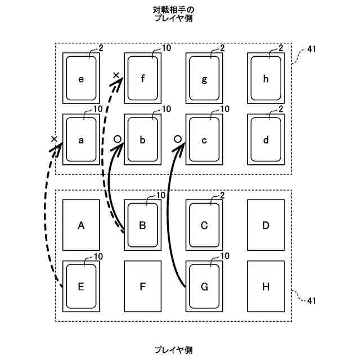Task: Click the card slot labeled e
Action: (81, 79)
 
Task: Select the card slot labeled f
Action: (143, 79)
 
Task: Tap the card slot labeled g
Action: (204, 79)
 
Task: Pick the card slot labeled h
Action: (266, 79)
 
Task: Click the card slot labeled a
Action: (81, 140)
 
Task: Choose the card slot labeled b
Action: (143, 140)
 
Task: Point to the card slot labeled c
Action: (204, 140)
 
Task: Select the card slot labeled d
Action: (266, 140)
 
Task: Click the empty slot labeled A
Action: (81, 225)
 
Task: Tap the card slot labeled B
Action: (143, 225)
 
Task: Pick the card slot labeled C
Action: (204, 225)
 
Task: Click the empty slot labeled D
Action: (266, 225)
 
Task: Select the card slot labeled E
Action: (81, 286)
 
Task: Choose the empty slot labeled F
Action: (143, 286)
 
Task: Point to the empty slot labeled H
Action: (266, 286)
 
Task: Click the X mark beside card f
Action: (116, 75)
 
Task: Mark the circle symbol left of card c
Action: (177, 138)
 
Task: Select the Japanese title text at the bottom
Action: (173, 350)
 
